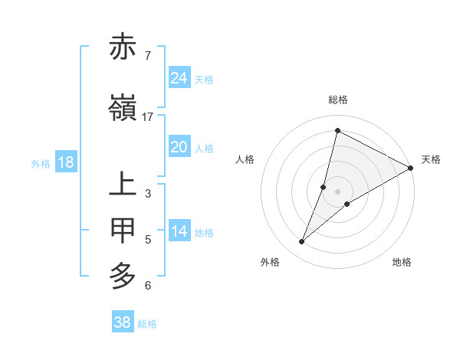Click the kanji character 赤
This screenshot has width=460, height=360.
123,47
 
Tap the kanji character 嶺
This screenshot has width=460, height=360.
123,109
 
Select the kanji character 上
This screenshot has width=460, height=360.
123,185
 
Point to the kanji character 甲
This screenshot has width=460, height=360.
123,230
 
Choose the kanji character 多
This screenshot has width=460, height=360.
123,275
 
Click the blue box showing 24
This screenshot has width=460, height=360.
179,77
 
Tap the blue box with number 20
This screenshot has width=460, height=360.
179,147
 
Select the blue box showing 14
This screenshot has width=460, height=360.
179,231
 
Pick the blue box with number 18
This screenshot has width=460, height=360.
65,162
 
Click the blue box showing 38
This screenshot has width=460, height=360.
123,322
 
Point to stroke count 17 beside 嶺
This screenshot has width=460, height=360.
148,117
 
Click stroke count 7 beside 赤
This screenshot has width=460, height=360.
148,55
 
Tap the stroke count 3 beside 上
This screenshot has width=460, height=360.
148,194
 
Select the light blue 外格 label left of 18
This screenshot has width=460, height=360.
41,163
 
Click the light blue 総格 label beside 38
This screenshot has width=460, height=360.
147,324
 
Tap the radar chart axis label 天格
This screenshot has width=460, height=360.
431,159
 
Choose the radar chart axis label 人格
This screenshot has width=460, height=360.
245,159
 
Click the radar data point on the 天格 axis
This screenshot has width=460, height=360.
411,168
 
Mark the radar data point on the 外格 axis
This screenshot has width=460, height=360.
302,242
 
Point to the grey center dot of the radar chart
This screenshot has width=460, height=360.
338,191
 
